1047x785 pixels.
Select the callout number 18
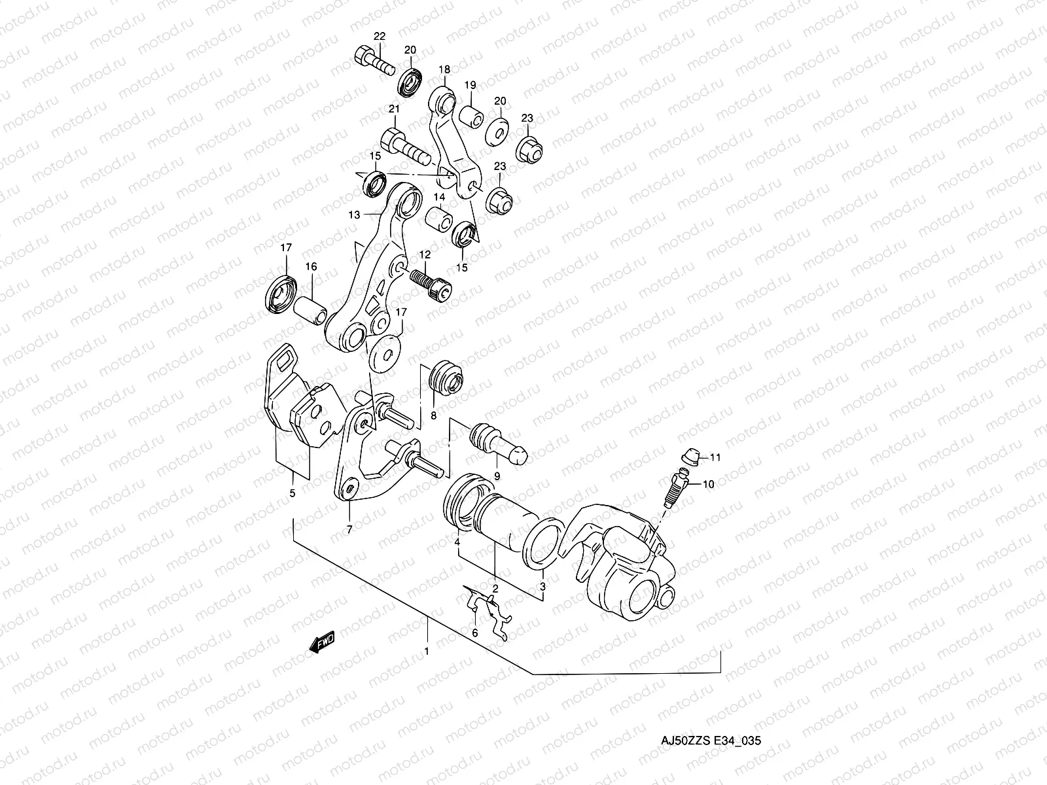click(444, 69)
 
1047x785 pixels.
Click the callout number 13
click(354, 215)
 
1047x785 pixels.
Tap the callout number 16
click(311, 266)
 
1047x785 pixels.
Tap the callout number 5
click(293, 493)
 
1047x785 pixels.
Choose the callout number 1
click(427, 652)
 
